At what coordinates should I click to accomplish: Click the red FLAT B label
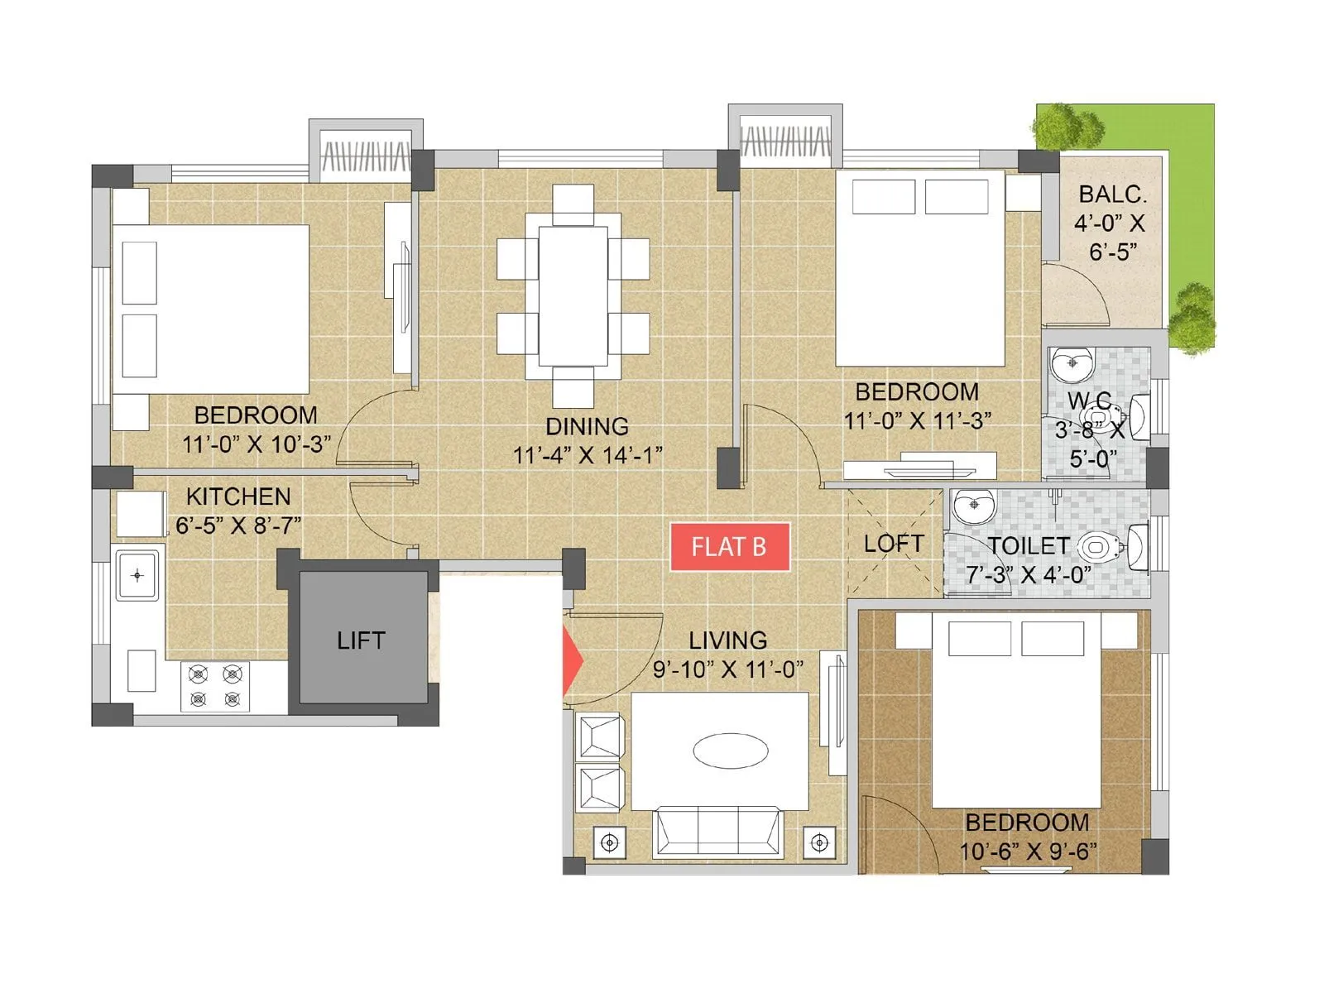[729, 547]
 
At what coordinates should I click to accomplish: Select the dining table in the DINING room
[573, 295]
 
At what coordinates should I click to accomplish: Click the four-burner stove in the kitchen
[214, 686]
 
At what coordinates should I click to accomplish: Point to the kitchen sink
[137, 575]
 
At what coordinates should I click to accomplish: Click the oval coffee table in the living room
[730, 751]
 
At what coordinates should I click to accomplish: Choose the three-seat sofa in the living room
[717, 832]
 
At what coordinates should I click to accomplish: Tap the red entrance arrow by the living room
[572, 660]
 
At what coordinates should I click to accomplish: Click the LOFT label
[893, 544]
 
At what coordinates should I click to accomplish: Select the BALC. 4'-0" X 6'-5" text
[1111, 223]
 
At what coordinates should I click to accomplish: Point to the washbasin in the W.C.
[1072, 363]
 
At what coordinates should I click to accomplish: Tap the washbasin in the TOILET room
[973, 506]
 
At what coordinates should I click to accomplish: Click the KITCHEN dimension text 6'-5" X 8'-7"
[238, 525]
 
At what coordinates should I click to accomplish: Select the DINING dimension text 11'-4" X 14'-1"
[587, 455]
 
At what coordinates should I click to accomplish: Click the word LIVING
[727, 640]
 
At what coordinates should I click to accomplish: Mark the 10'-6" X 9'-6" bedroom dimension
[1028, 851]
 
